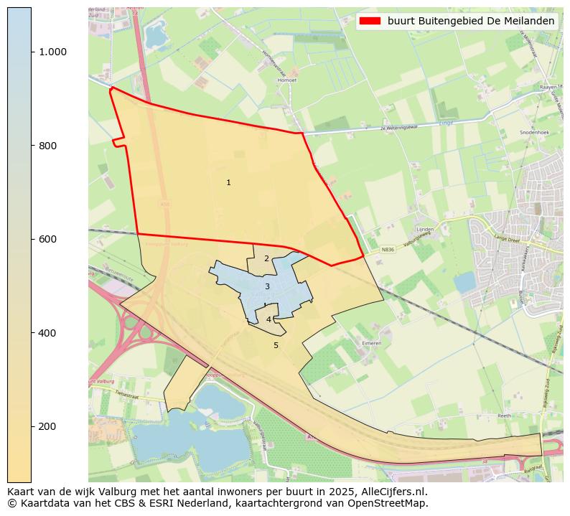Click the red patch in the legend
click(370, 22)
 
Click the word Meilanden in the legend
click(530, 22)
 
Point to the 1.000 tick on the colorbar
click(52, 52)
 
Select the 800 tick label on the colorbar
click(47, 146)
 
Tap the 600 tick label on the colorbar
click(47, 239)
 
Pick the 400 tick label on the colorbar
click(47, 333)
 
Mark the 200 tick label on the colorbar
click(47, 426)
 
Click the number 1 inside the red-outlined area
click(228, 183)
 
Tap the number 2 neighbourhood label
click(266, 259)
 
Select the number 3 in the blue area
click(267, 287)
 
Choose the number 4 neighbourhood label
click(268, 320)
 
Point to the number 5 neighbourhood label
click(276, 345)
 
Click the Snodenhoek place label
click(534, 133)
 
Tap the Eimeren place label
click(371, 343)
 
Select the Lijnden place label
click(425, 230)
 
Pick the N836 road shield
click(388, 250)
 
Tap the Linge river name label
click(445, 123)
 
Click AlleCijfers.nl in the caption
click(394, 492)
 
